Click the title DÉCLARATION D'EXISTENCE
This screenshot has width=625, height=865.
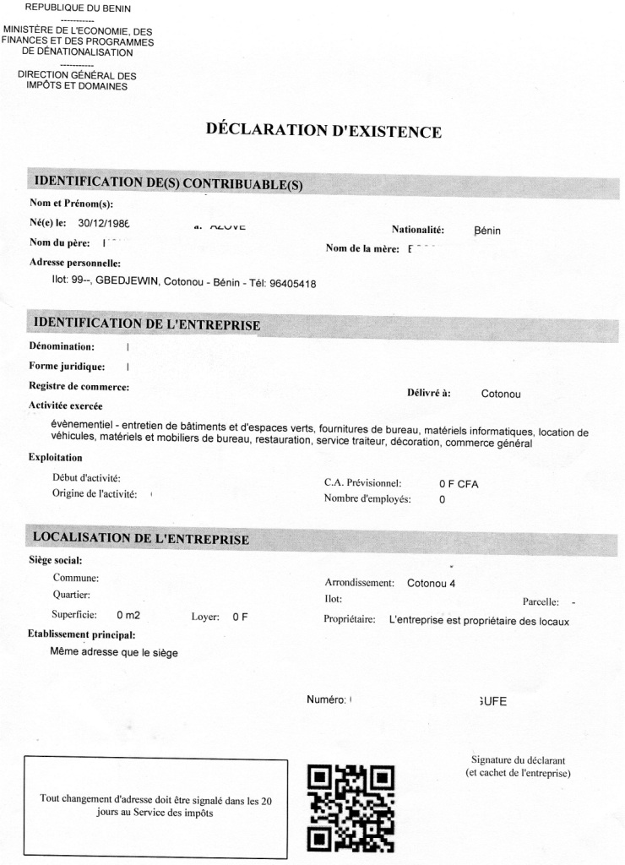click(x=323, y=131)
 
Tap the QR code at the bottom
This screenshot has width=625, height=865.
click(x=351, y=806)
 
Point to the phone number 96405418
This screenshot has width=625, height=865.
click(x=292, y=284)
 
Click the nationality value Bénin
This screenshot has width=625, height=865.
click(x=488, y=231)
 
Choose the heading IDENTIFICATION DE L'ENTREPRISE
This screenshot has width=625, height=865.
click(x=146, y=324)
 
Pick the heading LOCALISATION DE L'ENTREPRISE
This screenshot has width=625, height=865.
click(x=140, y=538)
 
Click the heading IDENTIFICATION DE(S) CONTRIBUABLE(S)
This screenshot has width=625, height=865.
click(x=167, y=182)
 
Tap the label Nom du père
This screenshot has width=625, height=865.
click(x=60, y=243)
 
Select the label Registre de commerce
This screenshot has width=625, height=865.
click(x=79, y=387)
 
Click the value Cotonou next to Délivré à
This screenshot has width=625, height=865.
click(x=502, y=394)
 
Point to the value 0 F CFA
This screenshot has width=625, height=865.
click(x=459, y=484)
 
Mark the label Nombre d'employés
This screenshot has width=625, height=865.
click(x=367, y=499)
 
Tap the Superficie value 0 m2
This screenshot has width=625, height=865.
click(x=128, y=615)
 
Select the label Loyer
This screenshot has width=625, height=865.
click(x=206, y=616)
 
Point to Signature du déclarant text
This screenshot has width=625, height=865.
click(x=518, y=760)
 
